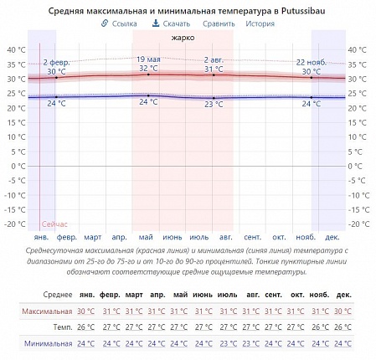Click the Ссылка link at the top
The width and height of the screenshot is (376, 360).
pyautogui.click(x=119, y=23)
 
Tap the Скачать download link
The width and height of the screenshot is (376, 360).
pyautogui.click(x=171, y=23)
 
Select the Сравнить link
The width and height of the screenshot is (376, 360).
pyautogui.click(x=219, y=23)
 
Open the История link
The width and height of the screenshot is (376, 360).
pyautogui.click(x=260, y=23)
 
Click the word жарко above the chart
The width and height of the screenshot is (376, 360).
pyautogui.click(x=183, y=38)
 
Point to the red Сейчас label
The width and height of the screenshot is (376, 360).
pyautogui.click(x=54, y=224)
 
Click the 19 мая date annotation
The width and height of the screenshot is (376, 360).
pyautogui.click(x=148, y=59)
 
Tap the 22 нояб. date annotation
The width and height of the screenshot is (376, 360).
pyautogui.click(x=312, y=63)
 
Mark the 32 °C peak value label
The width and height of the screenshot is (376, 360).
pyautogui.click(x=148, y=69)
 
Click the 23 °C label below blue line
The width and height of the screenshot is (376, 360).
pyautogui.click(x=214, y=105)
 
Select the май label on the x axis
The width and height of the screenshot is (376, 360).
pyautogui.click(x=146, y=238)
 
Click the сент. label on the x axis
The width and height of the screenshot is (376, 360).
pyautogui.click(x=253, y=238)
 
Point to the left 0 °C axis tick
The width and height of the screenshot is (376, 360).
pyautogui.click(x=18, y=167)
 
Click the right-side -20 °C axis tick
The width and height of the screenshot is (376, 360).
pyautogui.click(x=358, y=224)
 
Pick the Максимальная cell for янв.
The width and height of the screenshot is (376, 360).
pyautogui.click(x=85, y=311)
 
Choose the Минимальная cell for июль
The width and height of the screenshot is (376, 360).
pyautogui.click(x=229, y=343)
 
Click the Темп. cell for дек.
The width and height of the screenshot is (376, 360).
pyautogui.click(x=343, y=327)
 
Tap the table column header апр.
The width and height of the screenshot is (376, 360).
pyautogui.click(x=157, y=295)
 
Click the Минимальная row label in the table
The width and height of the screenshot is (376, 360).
pyautogui.click(x=48, y=343)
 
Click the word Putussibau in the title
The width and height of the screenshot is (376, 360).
pyautogui.click(x=303, y=11)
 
